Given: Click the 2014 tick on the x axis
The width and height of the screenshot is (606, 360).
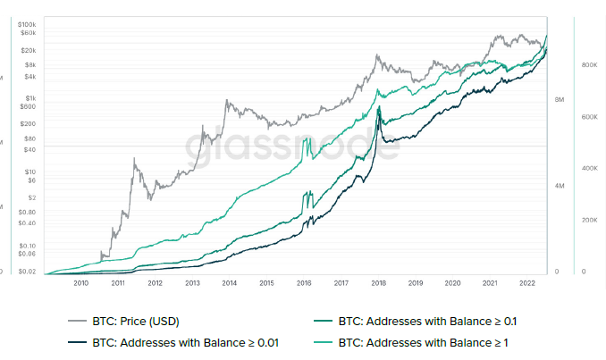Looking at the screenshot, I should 230,282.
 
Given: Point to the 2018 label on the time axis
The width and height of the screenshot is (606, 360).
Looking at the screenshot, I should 378,282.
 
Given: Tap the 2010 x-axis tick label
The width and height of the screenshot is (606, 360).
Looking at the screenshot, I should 80,282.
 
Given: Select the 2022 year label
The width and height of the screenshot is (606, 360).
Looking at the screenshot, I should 526,282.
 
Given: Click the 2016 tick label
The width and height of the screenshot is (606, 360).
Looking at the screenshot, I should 304,282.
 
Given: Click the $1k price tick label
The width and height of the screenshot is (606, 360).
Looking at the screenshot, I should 29,98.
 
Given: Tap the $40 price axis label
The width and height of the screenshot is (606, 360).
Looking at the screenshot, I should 30,151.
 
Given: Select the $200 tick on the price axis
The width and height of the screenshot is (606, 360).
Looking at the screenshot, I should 28,123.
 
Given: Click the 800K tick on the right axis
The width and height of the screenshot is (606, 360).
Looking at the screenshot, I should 589,66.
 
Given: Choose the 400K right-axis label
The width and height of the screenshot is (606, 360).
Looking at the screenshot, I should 589,168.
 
